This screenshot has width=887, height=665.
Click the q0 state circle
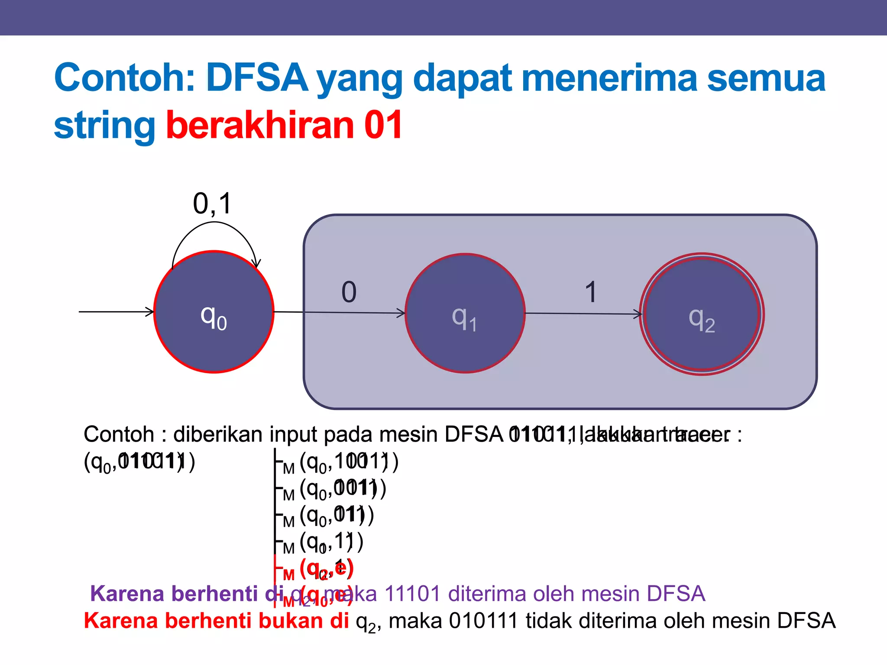[x=214, y=312]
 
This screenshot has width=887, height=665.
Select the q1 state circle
[x=465, y=313]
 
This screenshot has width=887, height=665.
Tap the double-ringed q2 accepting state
[x=702, y=314]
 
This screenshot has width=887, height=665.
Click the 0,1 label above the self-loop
[x=212, y=203]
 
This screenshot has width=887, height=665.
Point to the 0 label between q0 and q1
[x=349, y=292]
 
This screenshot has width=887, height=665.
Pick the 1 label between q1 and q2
[x=591, y=292]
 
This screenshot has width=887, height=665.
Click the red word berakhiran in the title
[x=260, y=126]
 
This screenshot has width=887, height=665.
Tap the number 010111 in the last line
[x=483, y=621]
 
